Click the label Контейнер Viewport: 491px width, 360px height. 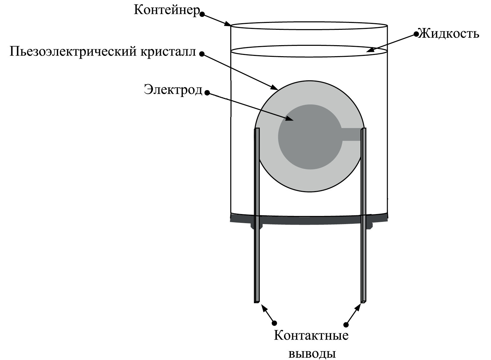167,10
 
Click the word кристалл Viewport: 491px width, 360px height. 166,51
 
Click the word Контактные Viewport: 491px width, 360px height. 311,336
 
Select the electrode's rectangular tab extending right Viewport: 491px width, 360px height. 352,134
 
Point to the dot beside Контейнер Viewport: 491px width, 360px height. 203,14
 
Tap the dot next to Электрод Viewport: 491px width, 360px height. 207,93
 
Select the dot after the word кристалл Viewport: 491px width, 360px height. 202,54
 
